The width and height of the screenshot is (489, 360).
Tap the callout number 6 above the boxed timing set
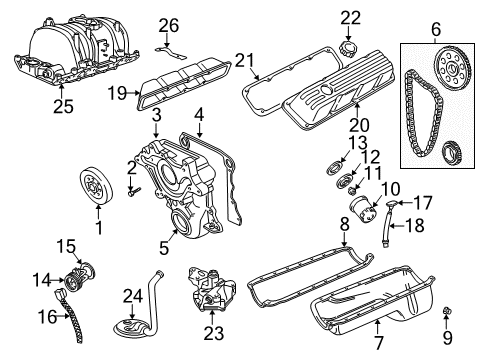(435, 31)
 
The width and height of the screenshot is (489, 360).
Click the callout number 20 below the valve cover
(353, 126)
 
